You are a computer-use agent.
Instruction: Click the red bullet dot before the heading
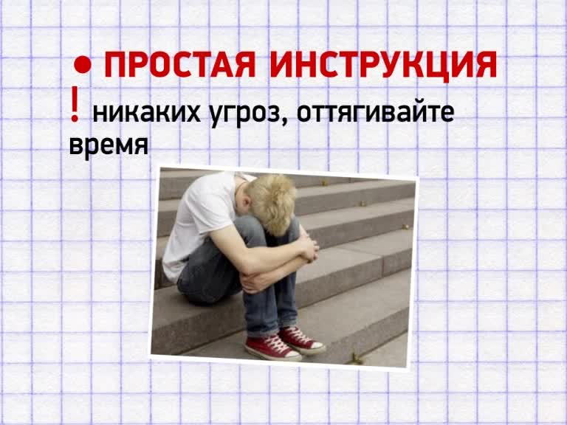(x=83, y=64)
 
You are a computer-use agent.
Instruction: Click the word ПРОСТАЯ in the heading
(x=180, y=65)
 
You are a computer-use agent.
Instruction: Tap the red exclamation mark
(x=75, y=104)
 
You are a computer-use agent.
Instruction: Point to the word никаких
(x=146, y=113)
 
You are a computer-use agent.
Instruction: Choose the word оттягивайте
(x=375, y=112)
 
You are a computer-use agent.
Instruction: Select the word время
(x=109, y=145)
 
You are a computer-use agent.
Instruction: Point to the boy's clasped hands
(x=309, y=249)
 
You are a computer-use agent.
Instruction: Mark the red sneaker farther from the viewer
(x=301, y=339)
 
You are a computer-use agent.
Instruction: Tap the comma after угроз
(x=285, y=122)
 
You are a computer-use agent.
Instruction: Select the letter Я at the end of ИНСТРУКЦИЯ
(x=486, y=65)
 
